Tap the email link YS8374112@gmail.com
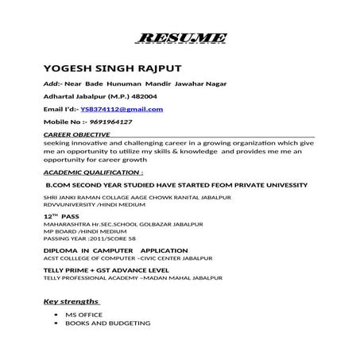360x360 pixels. point(122,109)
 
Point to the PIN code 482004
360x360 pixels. point(118,95)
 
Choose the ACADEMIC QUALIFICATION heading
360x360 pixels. point(93,172)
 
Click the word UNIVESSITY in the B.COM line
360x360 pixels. point(278,184)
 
